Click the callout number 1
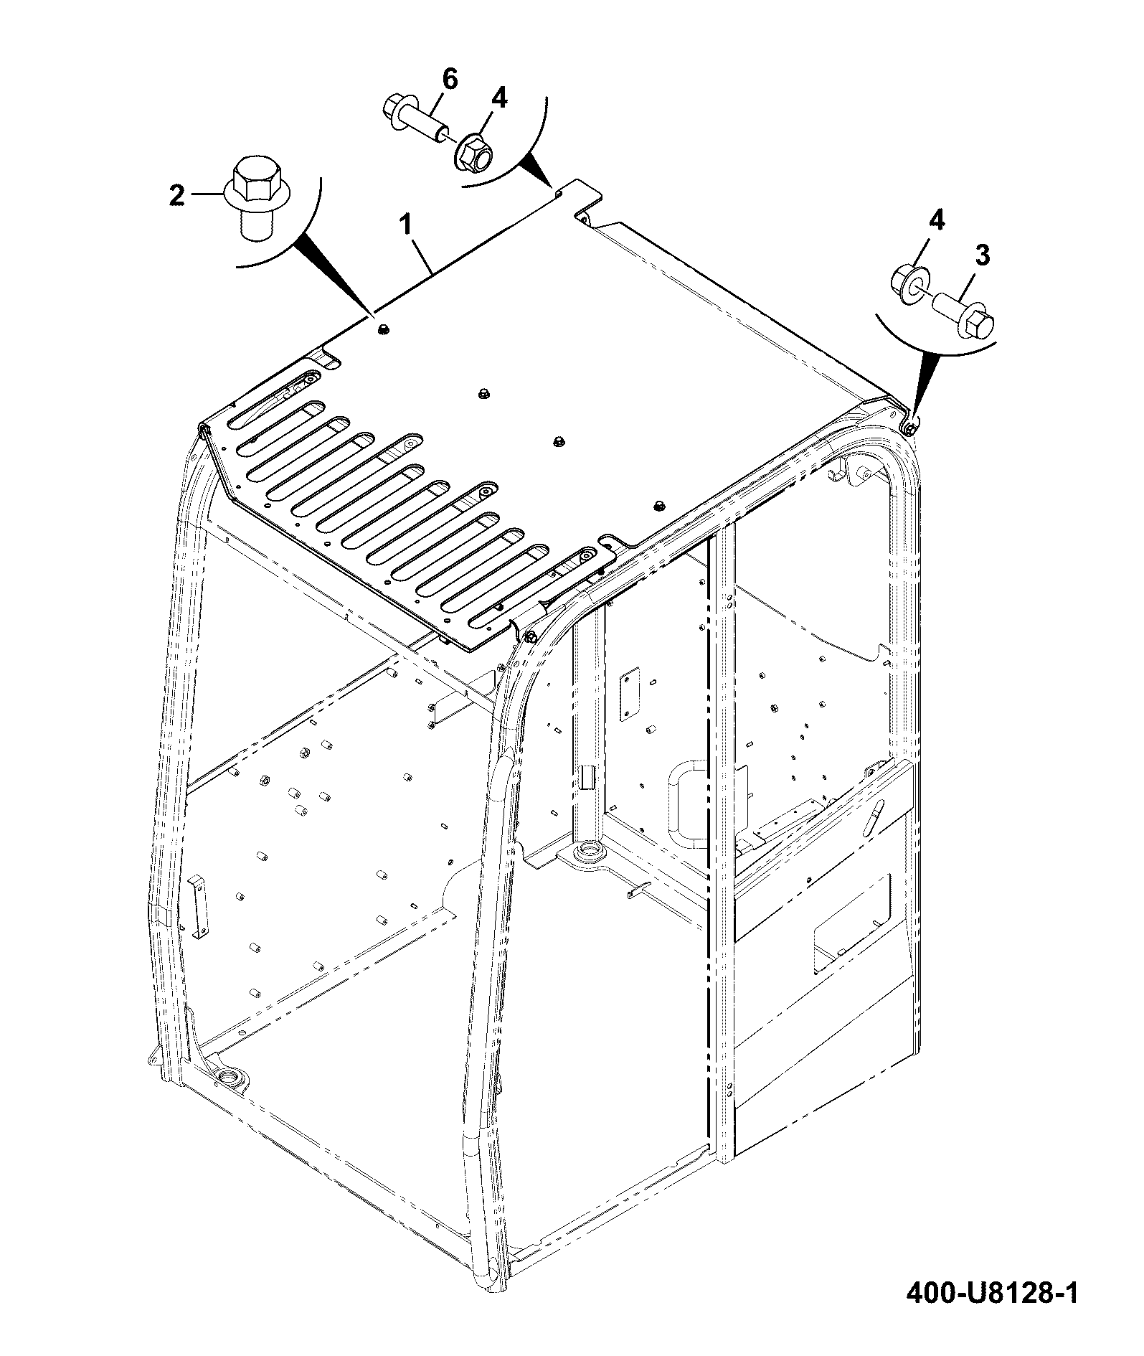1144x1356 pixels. coord(405,225)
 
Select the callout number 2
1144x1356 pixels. coord(176,194)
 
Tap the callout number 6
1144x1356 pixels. coord(449,80)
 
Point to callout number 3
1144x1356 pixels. coord(982,255)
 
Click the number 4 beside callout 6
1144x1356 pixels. coord(499,98)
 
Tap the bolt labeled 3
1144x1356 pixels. coord(962,316)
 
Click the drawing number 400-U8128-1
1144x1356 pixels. coord(992,1314)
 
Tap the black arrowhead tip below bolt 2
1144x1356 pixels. coord(374,314)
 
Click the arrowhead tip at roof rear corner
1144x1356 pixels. coord(554,189)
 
